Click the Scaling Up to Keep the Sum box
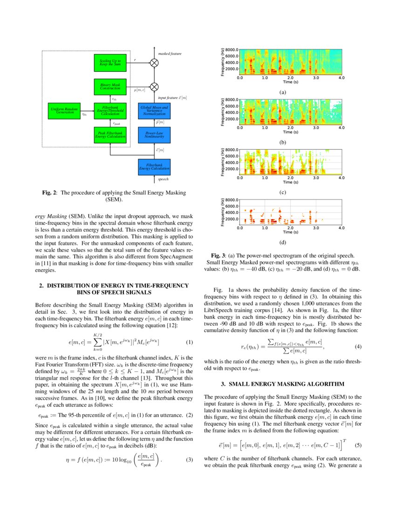pos(110,62)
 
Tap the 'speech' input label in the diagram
pos(163,179)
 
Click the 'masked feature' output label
pos(170,54)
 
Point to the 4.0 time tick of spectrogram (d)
pos(341,228)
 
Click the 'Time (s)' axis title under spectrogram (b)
pos(291,132)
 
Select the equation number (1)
pos(189,342)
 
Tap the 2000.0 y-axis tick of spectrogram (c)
pos(232,169)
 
